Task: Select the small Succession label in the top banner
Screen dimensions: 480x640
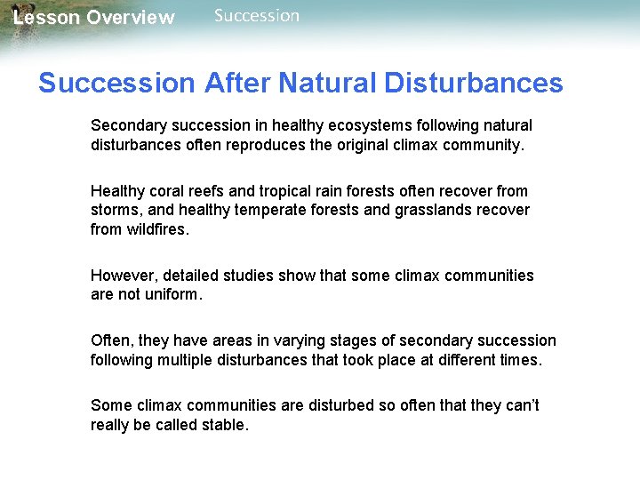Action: click(257, 15)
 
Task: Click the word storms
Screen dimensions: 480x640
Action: click(114, 210)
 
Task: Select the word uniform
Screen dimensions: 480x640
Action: click(174, 294)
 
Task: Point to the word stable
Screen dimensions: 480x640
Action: click(226, 425)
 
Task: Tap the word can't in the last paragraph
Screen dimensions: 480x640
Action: click(521, 405)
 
